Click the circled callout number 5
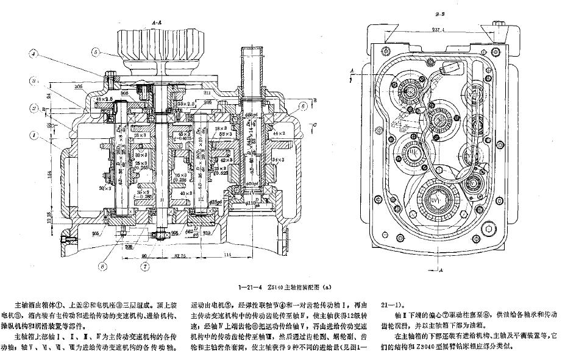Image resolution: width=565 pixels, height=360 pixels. point(96,52)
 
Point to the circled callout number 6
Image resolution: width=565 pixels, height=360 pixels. point(303,105)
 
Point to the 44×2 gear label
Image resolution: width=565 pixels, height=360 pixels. point(280,132)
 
